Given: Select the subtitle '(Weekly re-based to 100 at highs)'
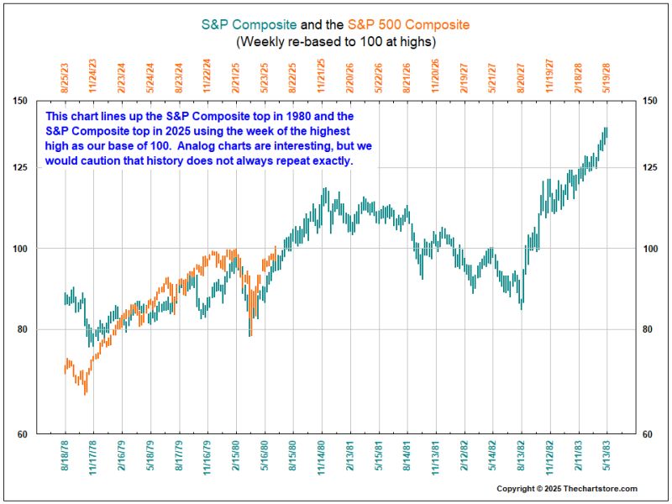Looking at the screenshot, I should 335,40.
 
